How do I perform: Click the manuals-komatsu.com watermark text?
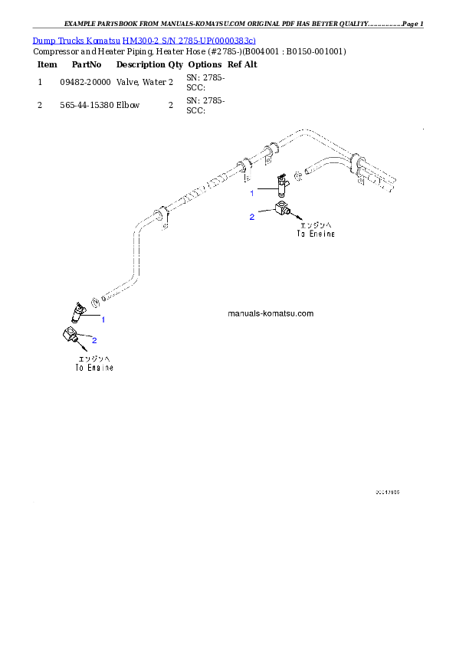271,314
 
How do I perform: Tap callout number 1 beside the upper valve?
251,193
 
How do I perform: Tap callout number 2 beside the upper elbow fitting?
251,218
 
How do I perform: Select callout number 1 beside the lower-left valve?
103,318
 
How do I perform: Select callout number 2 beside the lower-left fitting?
94,339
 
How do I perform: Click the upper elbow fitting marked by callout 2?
279,212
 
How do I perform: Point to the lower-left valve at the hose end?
78,310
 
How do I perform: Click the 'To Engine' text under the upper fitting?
317,235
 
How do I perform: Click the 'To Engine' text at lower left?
94,368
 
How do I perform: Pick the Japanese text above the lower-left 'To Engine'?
94,359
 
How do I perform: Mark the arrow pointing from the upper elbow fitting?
295,218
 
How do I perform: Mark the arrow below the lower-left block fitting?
76,349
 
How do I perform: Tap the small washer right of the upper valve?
298,180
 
